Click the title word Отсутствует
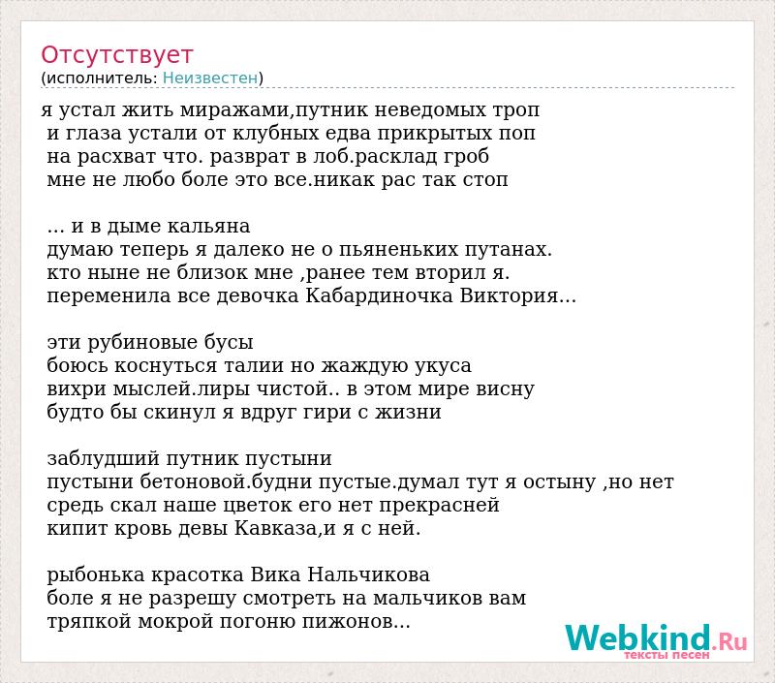[116, 55]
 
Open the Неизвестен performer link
[210, 78]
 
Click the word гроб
[466, 157]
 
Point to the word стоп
[485, 180]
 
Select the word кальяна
[208, 227]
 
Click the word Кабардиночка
[380, 296]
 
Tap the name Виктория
[510, 296]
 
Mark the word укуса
[444, 365]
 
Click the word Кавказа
[275, 528]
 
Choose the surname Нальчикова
[369, 574]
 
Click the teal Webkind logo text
[637, 637]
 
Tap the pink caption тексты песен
[666, 655]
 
